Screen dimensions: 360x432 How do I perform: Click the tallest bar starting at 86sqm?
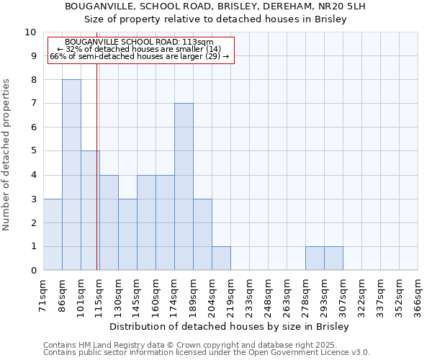tap(71, 175)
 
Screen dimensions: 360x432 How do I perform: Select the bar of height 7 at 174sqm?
tap(184, 187)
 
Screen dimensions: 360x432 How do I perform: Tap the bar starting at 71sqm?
tap(53, 235)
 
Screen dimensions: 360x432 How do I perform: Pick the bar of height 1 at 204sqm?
tap(221, 258)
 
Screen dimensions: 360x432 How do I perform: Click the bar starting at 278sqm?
tap(315, 258)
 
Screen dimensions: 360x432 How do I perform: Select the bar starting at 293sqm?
tap(333, 258)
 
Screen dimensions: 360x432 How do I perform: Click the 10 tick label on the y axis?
tap(30, 32)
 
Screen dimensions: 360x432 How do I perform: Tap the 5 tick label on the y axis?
tap(32, 151)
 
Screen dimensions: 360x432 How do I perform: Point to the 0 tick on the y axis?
tap(32, 271)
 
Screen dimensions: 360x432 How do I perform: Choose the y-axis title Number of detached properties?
tap(7, 156)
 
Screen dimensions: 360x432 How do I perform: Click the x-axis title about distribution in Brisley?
tap(230, 327)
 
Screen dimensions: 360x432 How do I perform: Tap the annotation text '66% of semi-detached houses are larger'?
tap(139, 56)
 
